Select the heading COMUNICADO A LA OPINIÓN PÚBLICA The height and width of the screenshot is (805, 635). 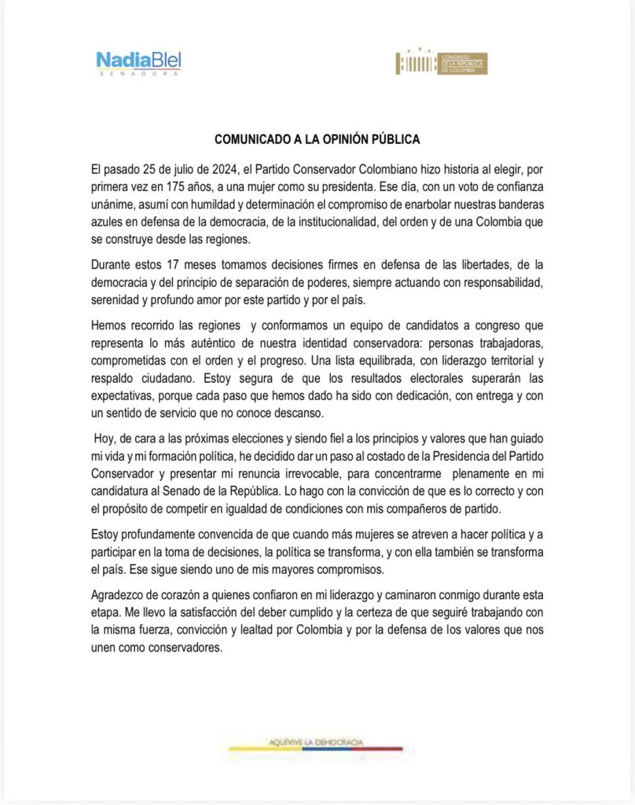click(x=317, y=139)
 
